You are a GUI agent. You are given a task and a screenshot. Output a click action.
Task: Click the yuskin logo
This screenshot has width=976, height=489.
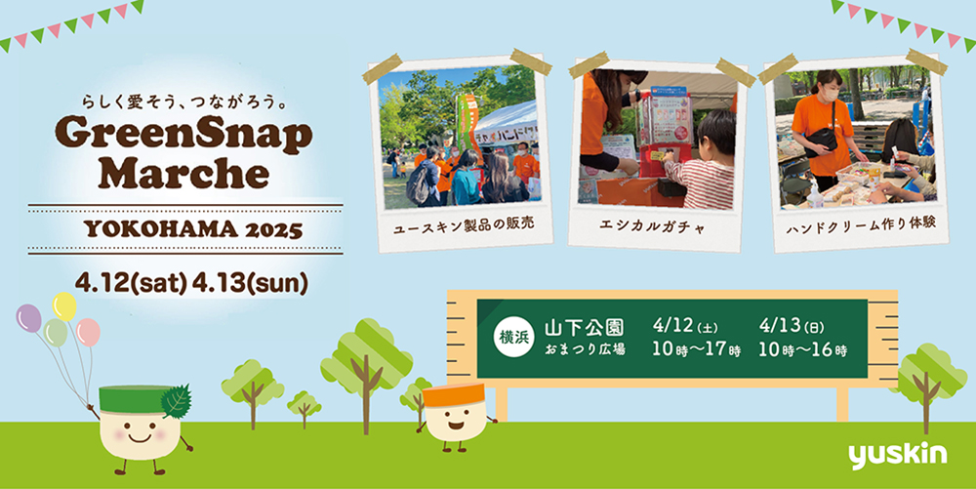[x=897, y=456]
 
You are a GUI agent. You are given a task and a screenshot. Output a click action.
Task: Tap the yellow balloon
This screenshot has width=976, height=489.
[x=64, y=306]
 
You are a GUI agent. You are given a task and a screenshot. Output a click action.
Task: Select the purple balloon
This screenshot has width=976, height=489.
[x=28, y=318]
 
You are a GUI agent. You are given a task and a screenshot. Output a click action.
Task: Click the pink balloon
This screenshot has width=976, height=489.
[x=89, y=332]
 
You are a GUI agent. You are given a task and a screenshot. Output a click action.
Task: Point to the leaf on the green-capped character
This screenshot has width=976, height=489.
[x=176, y=400]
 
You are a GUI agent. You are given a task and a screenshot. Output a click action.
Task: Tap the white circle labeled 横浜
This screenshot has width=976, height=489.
[x=513, y=337]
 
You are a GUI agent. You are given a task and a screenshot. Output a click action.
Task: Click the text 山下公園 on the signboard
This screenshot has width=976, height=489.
[x=584, y=327]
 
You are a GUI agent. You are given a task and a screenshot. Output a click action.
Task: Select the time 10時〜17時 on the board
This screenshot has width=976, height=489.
[x=696, y=349]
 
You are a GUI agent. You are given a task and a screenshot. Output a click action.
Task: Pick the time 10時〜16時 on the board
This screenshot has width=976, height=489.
[x=802, y=349]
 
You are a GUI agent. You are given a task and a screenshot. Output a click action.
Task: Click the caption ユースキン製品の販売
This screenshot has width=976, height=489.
[x=464, y=225]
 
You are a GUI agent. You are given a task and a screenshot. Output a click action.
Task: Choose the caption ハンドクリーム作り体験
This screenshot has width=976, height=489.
[x=862, y=225]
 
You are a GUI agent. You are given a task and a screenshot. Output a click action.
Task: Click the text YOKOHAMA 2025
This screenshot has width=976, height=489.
[x=193, y=229]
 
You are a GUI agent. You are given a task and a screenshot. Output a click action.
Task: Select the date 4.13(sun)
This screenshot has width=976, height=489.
[x=250, y=284]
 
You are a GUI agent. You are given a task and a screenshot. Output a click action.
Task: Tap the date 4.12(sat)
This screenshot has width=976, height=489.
[x=131, y=284]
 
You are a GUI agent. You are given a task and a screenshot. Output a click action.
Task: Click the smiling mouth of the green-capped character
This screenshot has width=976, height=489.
[x=139, y=437]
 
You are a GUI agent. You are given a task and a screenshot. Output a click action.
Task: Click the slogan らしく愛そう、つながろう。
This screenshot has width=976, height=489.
[x=183, y=101]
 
